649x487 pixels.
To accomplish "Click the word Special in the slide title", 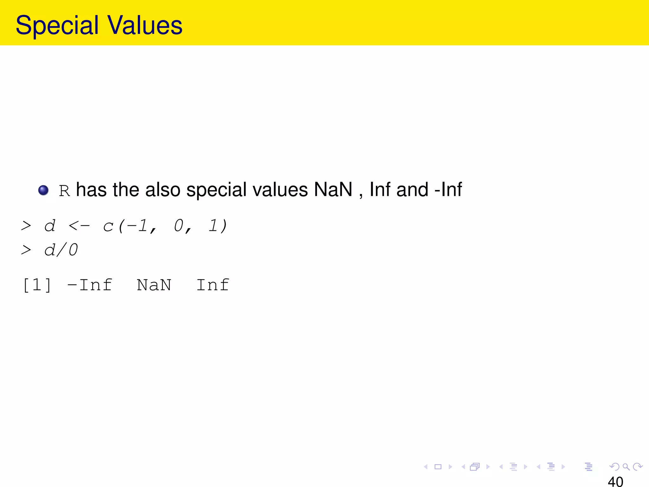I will [x=57, y=25].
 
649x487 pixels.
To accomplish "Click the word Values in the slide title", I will [x=145, y=25].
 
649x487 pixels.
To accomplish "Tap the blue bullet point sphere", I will [x=43, y=190].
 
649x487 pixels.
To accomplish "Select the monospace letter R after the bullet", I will [x=64, y=191].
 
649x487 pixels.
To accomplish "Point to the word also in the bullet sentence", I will [x=163, y=190].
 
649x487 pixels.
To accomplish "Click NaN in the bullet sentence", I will [x=333, y=190].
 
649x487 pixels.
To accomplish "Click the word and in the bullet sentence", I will [x=412, y=190].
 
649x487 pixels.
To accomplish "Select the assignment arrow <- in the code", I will [x=79, y=226].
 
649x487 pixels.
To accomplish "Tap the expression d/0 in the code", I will [x=61, y=250].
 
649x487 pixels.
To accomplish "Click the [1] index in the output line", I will [x=37, y=285].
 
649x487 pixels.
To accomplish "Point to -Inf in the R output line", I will [x=90, y=285].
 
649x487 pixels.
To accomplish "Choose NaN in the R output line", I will [x=154, y=285].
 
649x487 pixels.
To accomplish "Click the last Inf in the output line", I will [x=213, y=285].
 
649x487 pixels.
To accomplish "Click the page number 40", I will [x=615, y=481].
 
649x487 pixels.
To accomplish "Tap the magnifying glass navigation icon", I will [x=626, y=467].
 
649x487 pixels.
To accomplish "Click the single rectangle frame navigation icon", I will [x=438, y=467].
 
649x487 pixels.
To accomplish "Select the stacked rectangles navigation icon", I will [x=475, y=467].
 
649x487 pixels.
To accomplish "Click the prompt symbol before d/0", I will [x=26, y=250].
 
